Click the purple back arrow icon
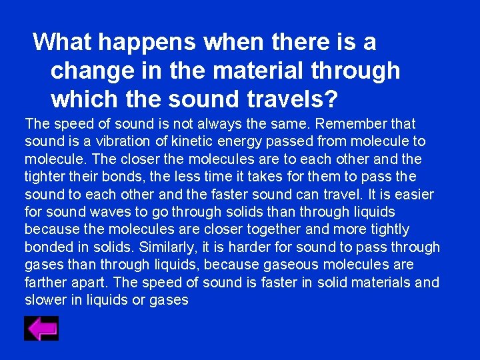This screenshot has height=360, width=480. (x=41, y=328)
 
